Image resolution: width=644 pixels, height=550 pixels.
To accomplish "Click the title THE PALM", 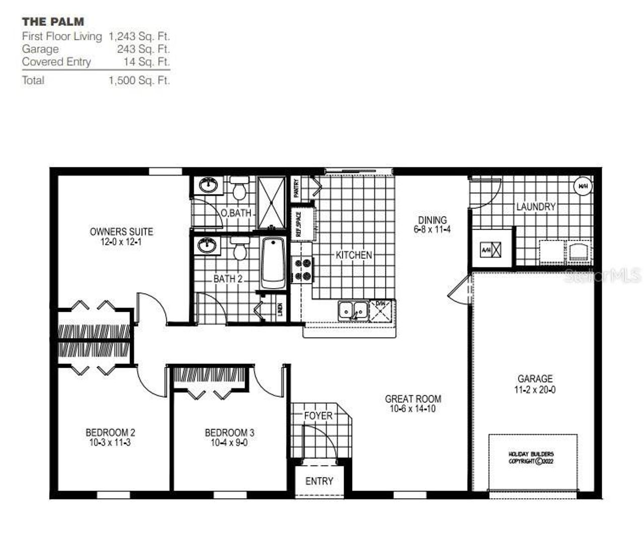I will coord(53,22).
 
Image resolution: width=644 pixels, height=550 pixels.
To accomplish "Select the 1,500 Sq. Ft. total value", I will coord(139,81).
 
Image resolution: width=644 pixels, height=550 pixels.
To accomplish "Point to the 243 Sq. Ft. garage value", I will coord(143,49).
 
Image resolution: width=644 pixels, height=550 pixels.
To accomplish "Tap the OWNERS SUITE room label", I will coord(121,232).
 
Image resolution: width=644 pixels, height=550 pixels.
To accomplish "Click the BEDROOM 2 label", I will coord(110,433).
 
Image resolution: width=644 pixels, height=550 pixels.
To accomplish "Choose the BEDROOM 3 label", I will coord(229,433).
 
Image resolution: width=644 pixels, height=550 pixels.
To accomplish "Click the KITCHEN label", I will coord(354,255).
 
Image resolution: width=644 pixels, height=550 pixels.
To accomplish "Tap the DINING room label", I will coord(432,220).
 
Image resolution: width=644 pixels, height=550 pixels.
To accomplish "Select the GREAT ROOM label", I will coord(413,399).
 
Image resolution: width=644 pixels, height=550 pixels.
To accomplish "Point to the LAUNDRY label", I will coord(536,207).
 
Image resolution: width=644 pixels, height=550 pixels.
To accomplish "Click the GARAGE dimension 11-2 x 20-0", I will coord(535,390).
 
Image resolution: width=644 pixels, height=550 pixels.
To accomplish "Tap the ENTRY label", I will coord(319,482).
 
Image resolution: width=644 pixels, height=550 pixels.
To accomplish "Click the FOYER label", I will coord(318,416).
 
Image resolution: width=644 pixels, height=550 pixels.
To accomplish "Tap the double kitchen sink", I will coord(353,310).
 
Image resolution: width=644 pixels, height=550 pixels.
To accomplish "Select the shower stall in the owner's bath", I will coord(272,202).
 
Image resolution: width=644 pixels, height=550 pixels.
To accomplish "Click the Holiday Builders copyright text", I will coord(531,457).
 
